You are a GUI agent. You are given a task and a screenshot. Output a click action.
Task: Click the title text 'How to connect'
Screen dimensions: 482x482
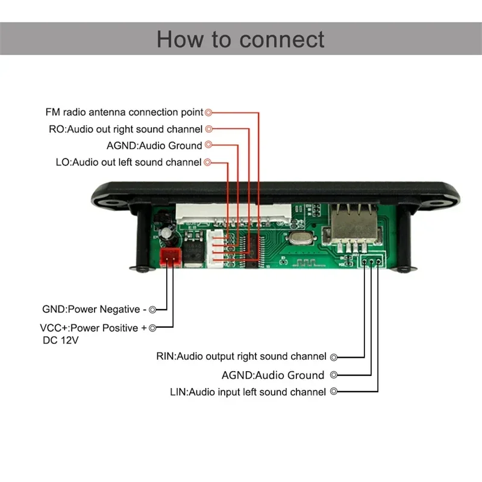pos(240,39)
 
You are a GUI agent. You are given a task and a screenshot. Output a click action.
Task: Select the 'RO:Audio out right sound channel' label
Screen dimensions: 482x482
pos(125,129)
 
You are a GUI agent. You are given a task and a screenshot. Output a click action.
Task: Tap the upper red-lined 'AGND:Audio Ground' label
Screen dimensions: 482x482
pos(154,145)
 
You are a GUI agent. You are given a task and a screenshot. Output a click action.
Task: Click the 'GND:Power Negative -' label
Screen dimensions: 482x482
pos(94,310)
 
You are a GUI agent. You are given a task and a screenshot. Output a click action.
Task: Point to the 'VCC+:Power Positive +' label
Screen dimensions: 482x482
pos(93,328)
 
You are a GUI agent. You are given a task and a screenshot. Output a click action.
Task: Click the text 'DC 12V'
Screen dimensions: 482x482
pos(60,340)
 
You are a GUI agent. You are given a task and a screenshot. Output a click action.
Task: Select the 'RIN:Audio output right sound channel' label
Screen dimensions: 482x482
pos(241,357)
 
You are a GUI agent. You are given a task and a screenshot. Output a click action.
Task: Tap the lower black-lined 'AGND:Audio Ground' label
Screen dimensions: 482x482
pos(272,375)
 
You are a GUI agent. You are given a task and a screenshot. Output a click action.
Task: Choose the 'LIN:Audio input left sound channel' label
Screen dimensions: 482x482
pos(248,392)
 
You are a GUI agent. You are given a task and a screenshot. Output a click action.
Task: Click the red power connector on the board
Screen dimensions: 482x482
pos(171,258)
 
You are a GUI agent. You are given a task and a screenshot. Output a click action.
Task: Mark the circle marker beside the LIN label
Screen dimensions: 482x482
pos(333,392)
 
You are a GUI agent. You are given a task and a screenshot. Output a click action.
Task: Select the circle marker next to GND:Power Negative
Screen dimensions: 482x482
pos(152,310)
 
